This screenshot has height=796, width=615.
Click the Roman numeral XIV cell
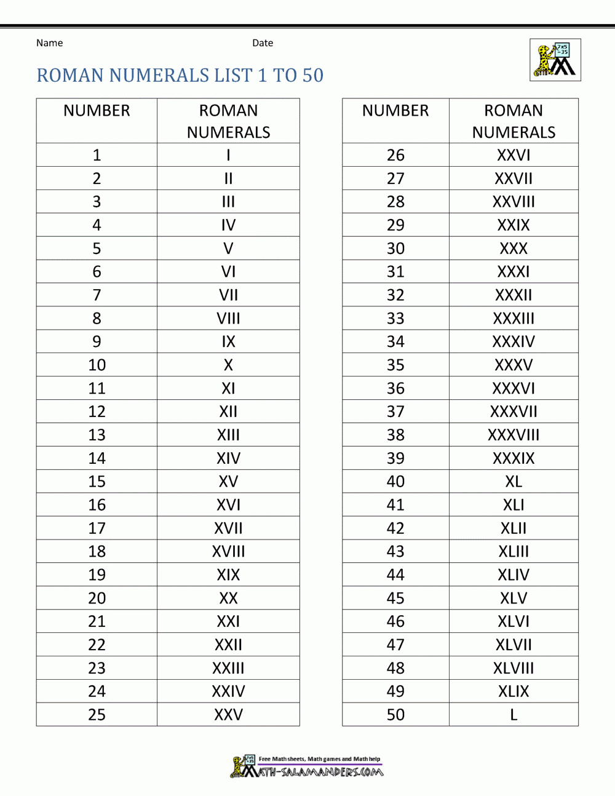(228, 458)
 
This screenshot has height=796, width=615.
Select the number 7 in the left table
(97, 295)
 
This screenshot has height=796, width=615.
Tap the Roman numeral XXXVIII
(514, 435)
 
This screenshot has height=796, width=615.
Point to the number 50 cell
(395, 715)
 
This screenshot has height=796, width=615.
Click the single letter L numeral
(514, 715)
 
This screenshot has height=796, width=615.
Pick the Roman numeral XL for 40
(514, 482)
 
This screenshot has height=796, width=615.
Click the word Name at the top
(49, 43)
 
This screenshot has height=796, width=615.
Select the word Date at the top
(263, 43)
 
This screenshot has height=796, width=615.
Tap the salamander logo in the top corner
(555, 60)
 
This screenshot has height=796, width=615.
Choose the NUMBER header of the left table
(97, 111)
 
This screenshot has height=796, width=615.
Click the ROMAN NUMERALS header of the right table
(514, 121)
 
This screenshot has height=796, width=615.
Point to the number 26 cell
(395, 155)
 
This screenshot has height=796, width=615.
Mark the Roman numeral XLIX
(514, 691)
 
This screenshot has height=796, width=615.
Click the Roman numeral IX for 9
(228, 342)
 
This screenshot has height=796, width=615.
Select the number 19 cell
(97, 575)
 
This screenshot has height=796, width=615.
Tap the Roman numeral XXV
(228, 715)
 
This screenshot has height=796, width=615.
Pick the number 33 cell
(395, 319)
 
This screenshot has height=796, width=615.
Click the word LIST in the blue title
(233, 76)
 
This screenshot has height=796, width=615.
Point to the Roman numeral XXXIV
(514, 342)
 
